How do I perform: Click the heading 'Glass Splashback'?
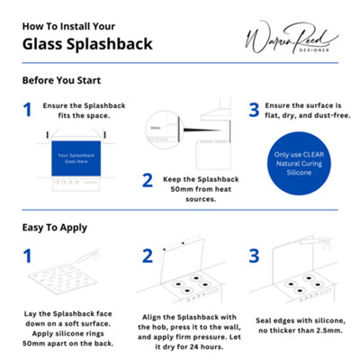pyautogui.click(x=86, y=43)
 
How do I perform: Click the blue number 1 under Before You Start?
pyautogui.click(x=27, y=110)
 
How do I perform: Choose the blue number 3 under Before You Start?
pyautogui.click(x=254, y=110)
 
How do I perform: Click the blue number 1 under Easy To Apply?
pyautogui.click(x=27, y=256)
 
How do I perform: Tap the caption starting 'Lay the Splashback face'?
pyautogui.click(x=68, y=328)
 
